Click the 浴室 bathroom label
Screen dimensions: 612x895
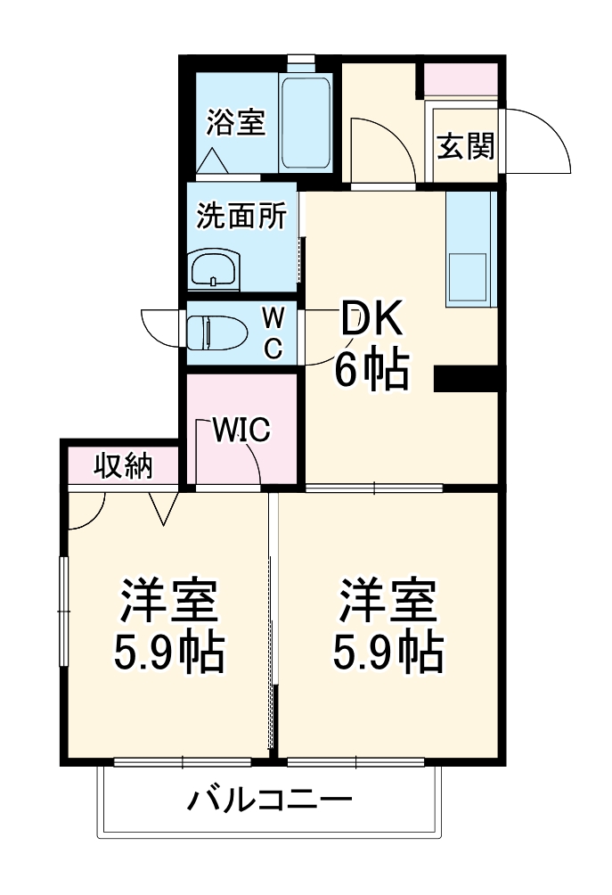point(235,122)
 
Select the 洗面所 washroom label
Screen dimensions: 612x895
point(241,216)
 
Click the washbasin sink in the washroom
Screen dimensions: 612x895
point(215,267)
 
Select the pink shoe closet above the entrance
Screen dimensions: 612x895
point(461,78)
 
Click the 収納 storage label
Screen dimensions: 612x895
point(123,467)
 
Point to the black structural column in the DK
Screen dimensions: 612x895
point(466,379)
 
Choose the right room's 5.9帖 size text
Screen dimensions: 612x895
point(388,652)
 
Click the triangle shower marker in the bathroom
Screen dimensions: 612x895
point(213,160)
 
